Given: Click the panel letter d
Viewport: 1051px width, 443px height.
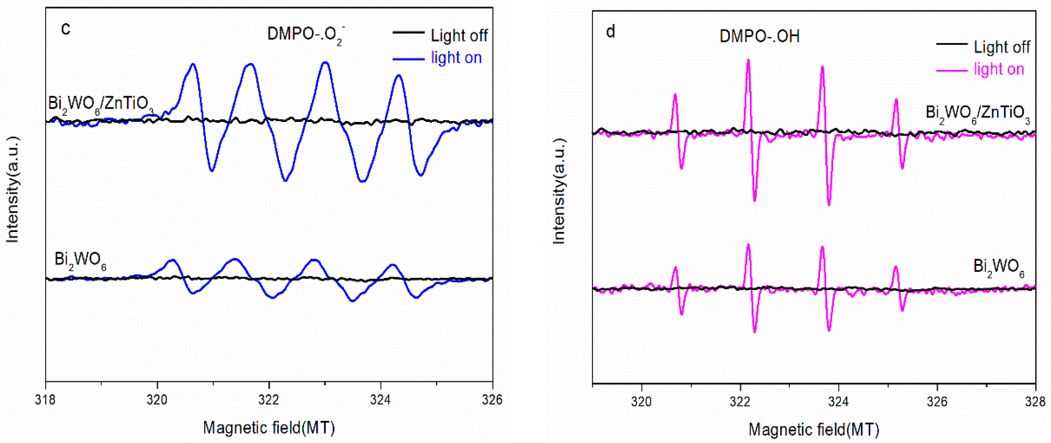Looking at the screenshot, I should (610, 32).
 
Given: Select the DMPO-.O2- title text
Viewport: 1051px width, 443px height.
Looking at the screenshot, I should (306, 35).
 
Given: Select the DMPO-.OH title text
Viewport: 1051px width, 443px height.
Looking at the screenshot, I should (759, 37).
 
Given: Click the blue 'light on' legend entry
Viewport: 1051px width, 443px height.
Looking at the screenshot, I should (456, 58).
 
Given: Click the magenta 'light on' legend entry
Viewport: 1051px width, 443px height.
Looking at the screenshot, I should (999, 69).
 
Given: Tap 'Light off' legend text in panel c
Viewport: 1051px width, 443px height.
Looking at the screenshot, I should (459, 36).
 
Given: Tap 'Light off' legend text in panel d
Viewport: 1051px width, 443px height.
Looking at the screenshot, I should (1002, 47).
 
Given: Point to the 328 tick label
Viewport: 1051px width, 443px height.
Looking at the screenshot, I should (1035, 402).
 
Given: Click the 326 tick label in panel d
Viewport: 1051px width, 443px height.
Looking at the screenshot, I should (937, 402).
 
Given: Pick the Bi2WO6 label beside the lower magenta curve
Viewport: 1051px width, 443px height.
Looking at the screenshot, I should (998, 267).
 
